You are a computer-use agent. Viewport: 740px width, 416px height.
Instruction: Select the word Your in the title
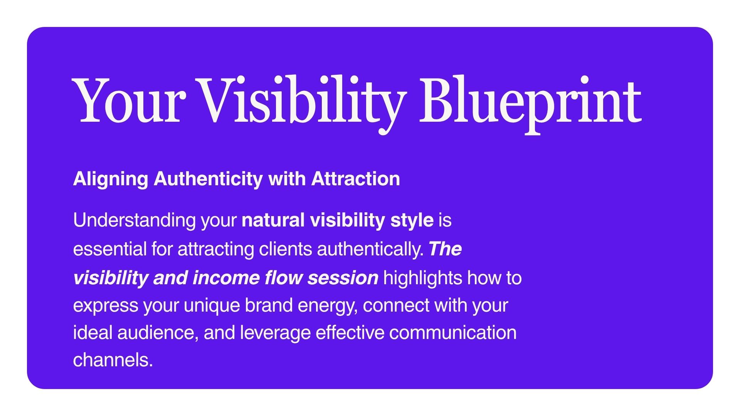[127, 101]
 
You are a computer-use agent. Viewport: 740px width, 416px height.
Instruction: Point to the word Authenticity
[208, 179]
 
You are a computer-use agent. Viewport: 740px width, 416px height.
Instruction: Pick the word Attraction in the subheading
[355, 179]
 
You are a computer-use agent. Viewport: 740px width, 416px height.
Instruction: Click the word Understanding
[135, 221]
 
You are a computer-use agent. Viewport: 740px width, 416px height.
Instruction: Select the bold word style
[412, 221]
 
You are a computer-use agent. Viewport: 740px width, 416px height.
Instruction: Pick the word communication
[453, 333]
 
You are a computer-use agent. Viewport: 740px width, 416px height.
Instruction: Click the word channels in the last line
[113, 360]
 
